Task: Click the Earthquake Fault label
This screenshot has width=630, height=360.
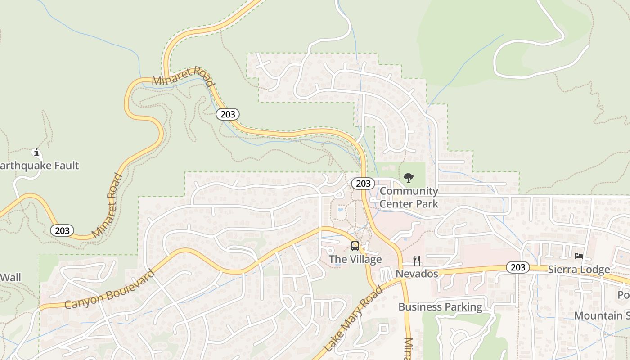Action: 40,166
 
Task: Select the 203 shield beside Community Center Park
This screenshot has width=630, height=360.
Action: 363,183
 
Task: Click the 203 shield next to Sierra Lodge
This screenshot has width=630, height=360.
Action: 517,267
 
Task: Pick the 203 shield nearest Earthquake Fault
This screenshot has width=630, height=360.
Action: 62,230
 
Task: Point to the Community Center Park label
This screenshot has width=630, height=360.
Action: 409,198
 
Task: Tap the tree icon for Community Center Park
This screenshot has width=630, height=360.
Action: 409,178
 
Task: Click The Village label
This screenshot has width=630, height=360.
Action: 355,259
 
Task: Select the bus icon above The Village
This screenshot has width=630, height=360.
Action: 355,246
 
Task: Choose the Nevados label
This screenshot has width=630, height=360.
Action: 417,274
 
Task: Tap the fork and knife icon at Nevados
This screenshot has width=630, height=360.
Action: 417,260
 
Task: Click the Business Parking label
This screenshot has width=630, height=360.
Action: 440,307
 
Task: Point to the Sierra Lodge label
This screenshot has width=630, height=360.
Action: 579,270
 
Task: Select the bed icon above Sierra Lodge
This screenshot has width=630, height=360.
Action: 579,256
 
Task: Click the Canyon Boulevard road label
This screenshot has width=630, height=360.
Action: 110,289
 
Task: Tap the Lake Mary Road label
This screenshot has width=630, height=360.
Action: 353,319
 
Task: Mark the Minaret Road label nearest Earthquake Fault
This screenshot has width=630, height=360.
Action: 107,206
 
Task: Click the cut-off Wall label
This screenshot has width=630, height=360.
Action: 10,277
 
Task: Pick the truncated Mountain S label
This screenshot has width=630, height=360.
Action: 602,315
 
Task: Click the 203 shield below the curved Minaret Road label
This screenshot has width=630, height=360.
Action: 228,114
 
